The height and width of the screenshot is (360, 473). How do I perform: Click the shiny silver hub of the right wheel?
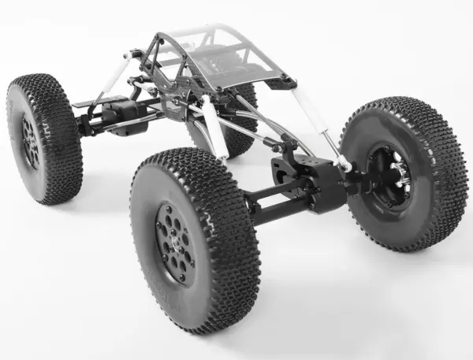pos(399,170)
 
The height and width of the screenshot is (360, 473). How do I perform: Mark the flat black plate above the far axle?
pos(95,102)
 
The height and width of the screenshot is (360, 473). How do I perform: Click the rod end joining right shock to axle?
pos(345,165)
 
